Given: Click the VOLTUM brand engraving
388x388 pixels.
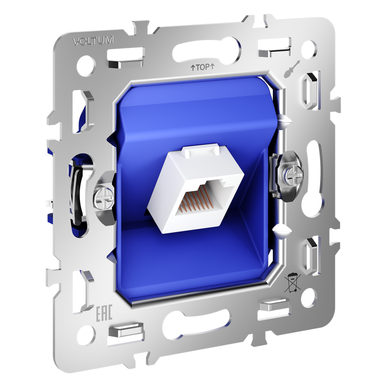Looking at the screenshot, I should pyautogui.click(x=93, y=41).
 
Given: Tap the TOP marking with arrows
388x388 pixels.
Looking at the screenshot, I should pyautogui.click(x=202, y=68).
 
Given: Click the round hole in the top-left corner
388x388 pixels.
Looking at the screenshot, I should pyautogui.click(x=85, y=62).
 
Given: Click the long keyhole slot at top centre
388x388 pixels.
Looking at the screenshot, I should pyautogui.click(x=207, y=49).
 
